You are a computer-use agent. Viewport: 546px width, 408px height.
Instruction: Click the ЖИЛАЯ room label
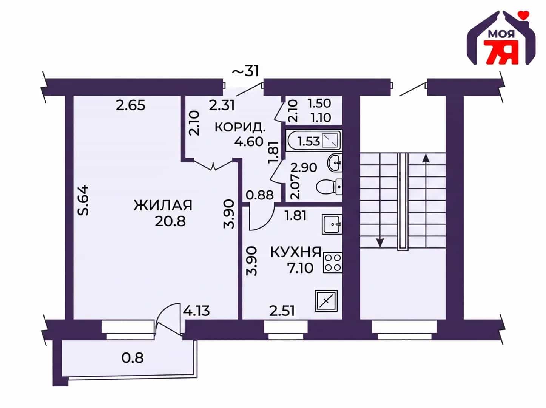pos(163,206)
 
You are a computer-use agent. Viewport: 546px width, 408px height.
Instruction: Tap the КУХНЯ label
pos(296,252)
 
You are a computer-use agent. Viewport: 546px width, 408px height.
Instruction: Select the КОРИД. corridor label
pos(240,128)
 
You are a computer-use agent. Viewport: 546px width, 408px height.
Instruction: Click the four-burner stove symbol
pos(333,263)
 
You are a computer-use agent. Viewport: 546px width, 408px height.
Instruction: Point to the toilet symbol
pos(329,187)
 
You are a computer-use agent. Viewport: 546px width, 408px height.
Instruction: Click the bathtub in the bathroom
pos(314,141)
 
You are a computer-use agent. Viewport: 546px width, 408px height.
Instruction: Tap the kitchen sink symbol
pos(332,224)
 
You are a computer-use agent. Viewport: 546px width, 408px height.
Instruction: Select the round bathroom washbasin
pos(335,163)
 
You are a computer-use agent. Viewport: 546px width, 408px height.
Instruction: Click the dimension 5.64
pos(83,200)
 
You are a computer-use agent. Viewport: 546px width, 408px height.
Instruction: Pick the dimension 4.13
pos(196,311)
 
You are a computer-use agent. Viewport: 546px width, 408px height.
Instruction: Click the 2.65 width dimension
pos(131,105)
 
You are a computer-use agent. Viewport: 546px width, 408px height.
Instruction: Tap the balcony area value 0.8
pos(132,358)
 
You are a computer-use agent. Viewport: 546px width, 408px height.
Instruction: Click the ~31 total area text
pos(246,71)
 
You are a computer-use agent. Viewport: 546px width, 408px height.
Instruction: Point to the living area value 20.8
pos(170,221)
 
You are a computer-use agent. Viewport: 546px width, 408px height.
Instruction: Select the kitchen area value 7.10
pos(300,268)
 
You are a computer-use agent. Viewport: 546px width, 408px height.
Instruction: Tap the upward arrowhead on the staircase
pos(426,158)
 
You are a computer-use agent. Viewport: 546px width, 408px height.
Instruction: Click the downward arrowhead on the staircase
pos(379,243)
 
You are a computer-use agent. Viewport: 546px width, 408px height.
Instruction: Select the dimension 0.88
pos(260,195)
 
